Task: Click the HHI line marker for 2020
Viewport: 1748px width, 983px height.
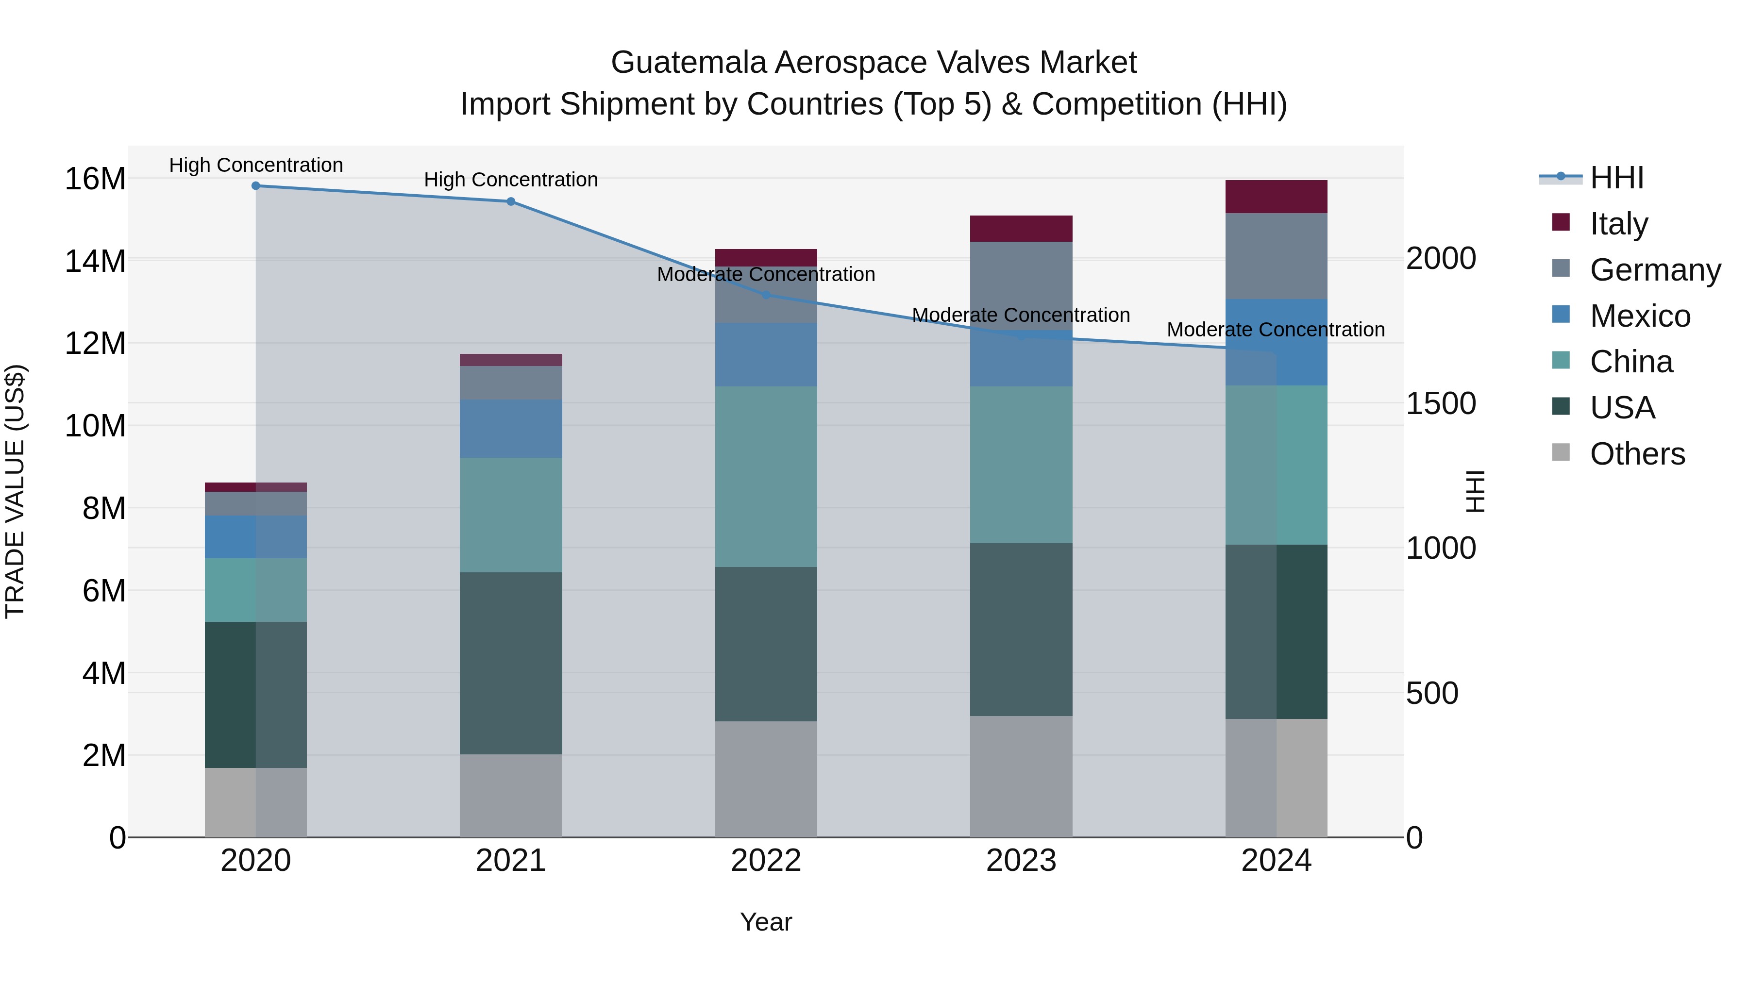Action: click(256, 186)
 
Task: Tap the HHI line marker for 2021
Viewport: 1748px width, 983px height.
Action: click(511, 201)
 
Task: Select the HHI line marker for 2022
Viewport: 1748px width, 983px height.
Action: click(766, 295)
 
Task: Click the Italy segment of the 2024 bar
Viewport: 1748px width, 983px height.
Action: click(1277, 197)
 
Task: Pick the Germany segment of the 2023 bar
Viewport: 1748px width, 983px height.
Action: click(1021, 285)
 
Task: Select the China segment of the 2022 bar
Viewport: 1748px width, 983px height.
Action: click(766, 476)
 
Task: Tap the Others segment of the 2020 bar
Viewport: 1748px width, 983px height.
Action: click(256, 802)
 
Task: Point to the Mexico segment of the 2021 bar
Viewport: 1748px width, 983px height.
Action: click(511, 428)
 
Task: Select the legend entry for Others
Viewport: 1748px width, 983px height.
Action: click(1637, 454)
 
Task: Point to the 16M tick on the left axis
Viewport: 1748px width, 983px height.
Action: click(95, 179)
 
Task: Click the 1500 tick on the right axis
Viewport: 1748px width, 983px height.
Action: click(1441, 404)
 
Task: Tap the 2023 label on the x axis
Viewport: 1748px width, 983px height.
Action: click(1021, 861)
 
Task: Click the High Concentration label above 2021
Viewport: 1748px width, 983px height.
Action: click(511, 180)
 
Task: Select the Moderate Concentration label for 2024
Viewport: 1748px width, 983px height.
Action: click(1276, 330)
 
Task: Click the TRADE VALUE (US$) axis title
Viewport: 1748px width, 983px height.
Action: click(15, 491)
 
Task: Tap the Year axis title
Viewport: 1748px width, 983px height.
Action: click(766, 922)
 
